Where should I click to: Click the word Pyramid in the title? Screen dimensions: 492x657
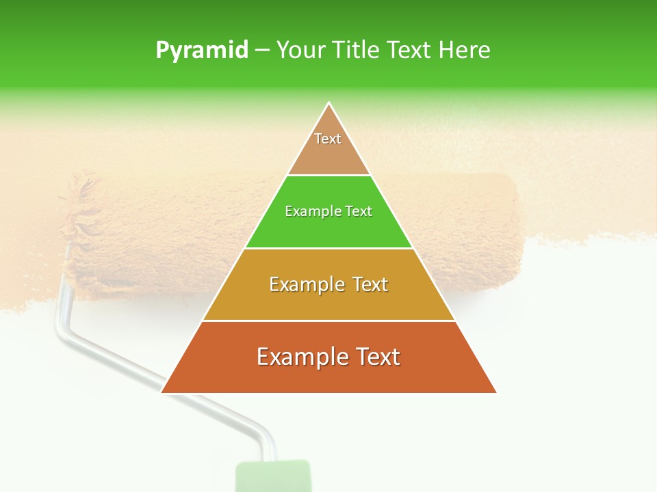pos(201,51)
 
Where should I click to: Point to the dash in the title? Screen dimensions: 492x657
pos(261,51)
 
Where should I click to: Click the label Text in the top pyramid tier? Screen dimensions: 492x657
pos(328,139)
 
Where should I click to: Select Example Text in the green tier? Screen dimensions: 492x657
pos(328,211)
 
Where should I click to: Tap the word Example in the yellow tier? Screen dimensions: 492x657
pos(305,284)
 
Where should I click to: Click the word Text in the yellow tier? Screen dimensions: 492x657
pos(368,284)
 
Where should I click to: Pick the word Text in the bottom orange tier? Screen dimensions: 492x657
pos(377,357)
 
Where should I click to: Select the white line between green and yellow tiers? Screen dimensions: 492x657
pos(328,248)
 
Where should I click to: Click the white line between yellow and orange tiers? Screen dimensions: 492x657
pos(328,320)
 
